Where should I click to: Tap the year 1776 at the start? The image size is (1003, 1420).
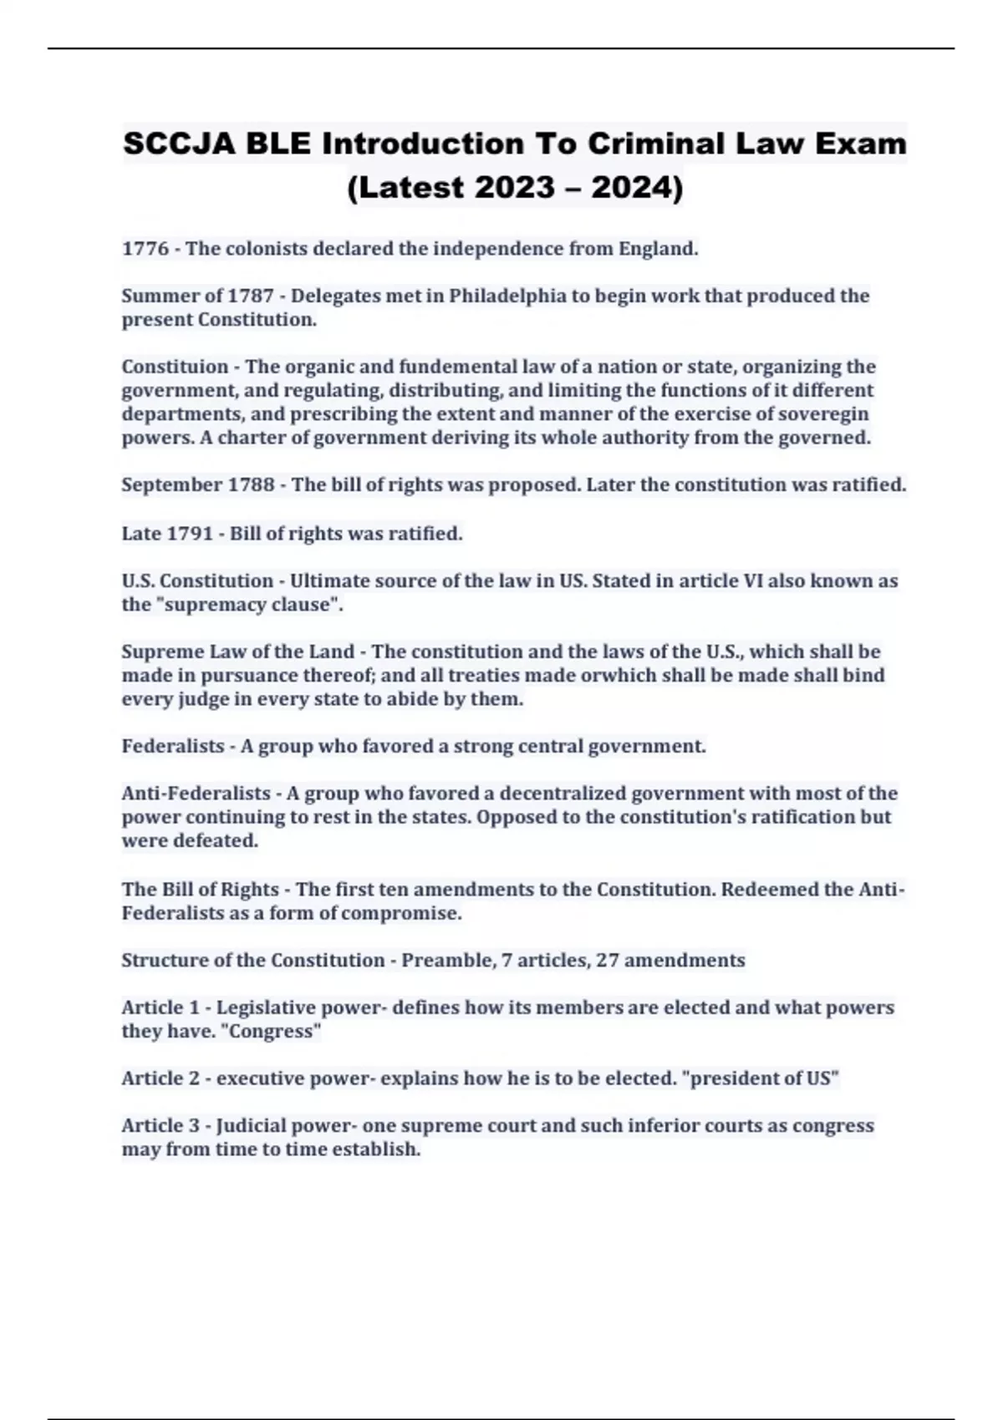[x=145, y=249]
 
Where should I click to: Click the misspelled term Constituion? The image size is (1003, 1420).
[x=175, y=367]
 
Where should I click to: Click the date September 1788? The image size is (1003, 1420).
[x=198, y=485]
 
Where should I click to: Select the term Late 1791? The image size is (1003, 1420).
[x=167, y=533]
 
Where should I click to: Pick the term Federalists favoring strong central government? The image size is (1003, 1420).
[x=173, y=746]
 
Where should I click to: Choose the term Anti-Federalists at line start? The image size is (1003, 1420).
[x=196, y=794]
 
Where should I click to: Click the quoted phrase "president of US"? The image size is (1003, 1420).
[x=761, y=1079]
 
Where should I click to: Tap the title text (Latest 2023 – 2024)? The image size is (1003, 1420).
[x=515, y=188]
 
